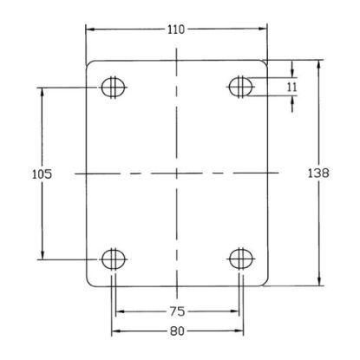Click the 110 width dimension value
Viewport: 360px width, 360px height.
pyautogui.click(x=176, y=29)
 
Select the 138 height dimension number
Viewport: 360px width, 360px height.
pyautogui.click(x=318, y=173)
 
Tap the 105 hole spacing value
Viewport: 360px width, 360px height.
pyautogui.click(x=42, y=174)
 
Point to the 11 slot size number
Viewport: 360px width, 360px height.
pyautogui.click(x=292, y=87)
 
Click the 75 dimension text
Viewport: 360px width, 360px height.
pyautogui.click(x=177, y=311)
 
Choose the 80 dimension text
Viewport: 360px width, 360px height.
pyautogui.click(x=177, y=331)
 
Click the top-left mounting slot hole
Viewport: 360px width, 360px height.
pyautogui.click(x=114, y=87)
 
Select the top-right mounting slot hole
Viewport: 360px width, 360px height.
pyautogui.click(x=241, y=87)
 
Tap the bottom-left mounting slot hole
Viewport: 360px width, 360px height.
pyautogui.click(x=114, y=259)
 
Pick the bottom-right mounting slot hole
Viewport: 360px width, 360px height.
pyautogui.click(x=241, y=259)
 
